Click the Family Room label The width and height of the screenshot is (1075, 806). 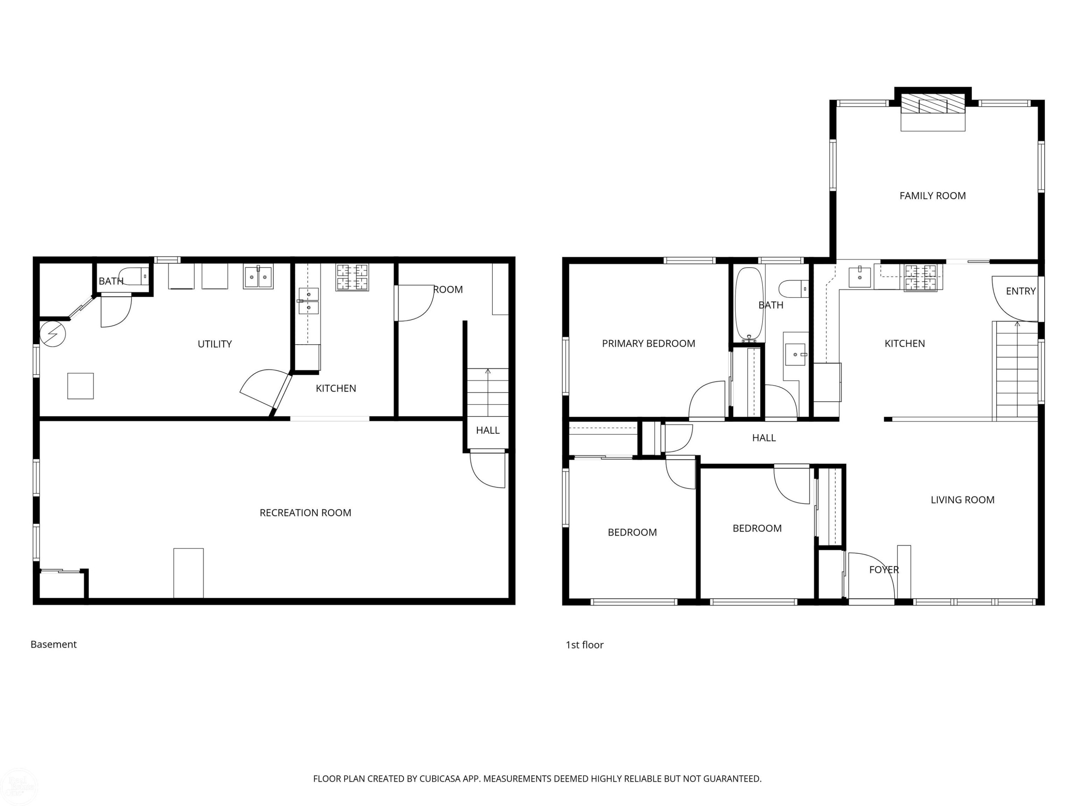coord(932,196)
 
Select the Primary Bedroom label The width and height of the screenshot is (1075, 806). coord(648,344)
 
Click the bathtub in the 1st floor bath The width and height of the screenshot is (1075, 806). coord(749,304)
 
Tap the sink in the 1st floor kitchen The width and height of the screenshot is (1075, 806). coord(860,277)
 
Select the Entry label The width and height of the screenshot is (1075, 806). coord(1021,291)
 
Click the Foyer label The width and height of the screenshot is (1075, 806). coord(884,570)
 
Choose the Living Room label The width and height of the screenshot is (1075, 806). coord(962,500)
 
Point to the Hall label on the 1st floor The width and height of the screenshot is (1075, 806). coord(764,438)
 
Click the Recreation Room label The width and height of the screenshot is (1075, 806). coord(305,513)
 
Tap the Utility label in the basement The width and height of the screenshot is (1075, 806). coord(214,344)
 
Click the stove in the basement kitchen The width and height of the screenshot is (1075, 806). coord(352,277)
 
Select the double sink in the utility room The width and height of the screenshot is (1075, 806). coord(258,277)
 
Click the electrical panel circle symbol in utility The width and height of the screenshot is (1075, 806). coord(52,334)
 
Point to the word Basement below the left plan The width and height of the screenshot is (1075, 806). coord(53,644)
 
